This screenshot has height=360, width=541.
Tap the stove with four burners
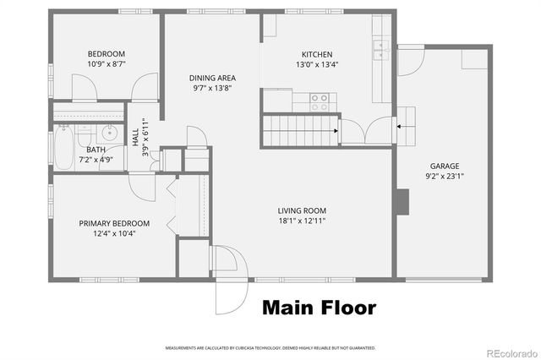click(320, 102)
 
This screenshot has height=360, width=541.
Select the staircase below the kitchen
click(299, 130)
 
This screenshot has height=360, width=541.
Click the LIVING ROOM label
click(302, 210)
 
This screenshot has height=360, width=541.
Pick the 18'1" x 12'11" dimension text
click(302, 221)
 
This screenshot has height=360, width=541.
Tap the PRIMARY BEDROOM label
click(114, 223)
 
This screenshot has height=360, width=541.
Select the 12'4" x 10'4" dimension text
click(114, 234)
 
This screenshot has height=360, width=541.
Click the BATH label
click(95, 150)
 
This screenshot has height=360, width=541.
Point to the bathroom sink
click(107, 134)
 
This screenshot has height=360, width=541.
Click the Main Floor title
click(319, 308)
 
